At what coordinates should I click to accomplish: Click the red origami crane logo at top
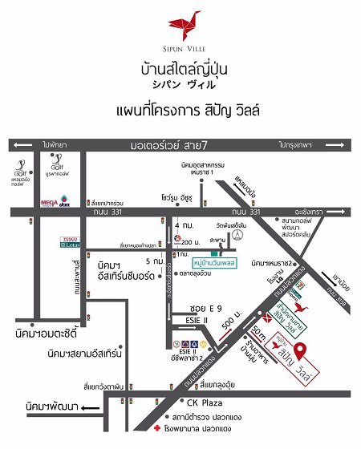click(181, 21)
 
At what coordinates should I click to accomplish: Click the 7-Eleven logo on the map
click(278, 298)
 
